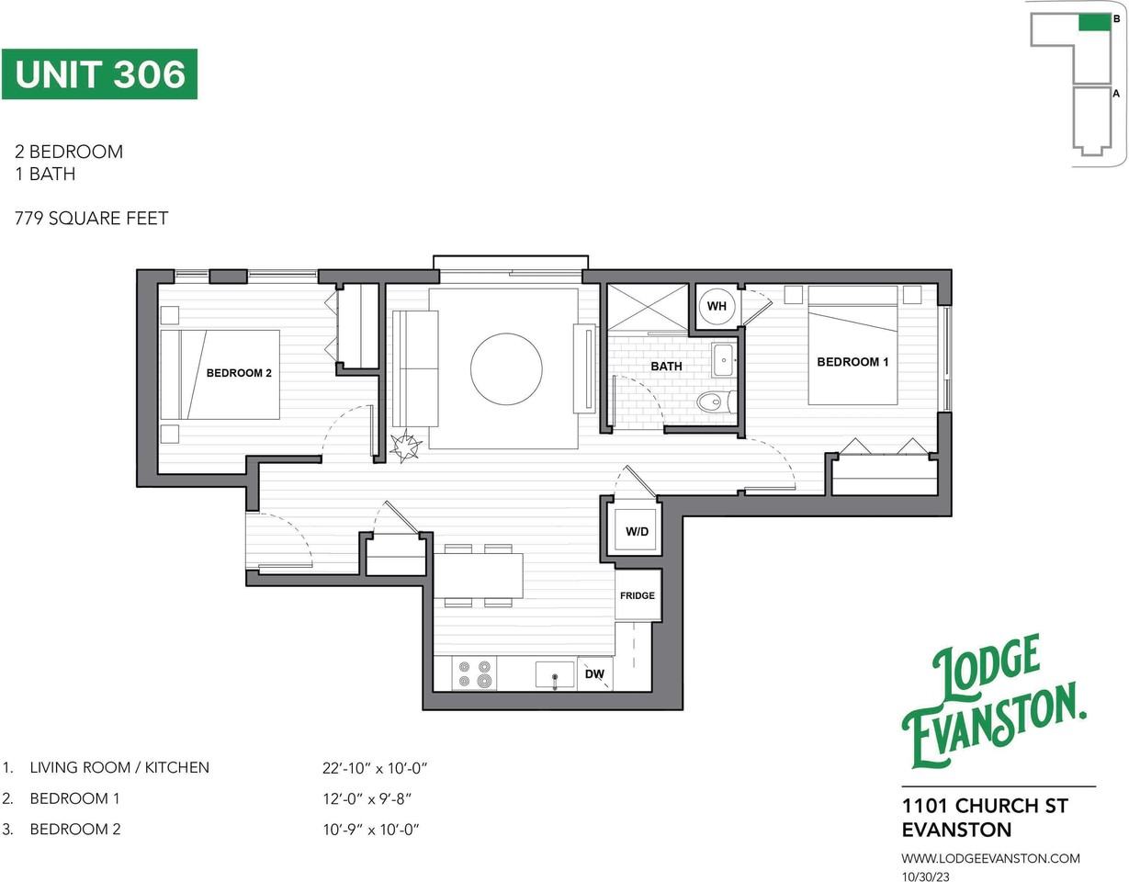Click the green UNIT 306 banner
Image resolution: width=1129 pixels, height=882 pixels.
coord(99,73)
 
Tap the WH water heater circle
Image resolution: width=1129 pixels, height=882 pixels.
coord(717,306)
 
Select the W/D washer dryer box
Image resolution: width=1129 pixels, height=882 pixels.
coord(637,531)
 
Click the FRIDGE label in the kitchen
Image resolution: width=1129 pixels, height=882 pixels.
coord(638,595)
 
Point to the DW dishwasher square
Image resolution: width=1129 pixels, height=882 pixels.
coord(595,674)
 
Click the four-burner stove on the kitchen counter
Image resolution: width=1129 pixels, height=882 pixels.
coord(474,673)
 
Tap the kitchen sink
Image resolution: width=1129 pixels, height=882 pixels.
coord(554,674)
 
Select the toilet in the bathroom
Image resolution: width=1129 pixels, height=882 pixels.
coord(716,401)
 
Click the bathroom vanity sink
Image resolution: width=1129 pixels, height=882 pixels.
coord(724,360)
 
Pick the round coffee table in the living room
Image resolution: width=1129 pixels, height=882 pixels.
coord(506,368)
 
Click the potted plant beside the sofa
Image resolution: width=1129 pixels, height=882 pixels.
coord(406,447)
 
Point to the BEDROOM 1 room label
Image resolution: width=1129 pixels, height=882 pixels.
coord(852,361)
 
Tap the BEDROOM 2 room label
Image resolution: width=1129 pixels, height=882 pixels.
coord(239,373)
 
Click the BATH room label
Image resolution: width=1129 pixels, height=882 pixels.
coord(666,367)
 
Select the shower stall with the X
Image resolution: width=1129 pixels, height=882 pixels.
coord(648,307)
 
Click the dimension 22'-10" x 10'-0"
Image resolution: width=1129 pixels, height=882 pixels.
coord(375,768)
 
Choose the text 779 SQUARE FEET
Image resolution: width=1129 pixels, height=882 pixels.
coord(92,218)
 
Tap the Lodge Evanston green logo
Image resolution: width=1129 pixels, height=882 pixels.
coord(993,701)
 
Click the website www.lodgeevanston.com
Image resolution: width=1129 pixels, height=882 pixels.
coord(990,858)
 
